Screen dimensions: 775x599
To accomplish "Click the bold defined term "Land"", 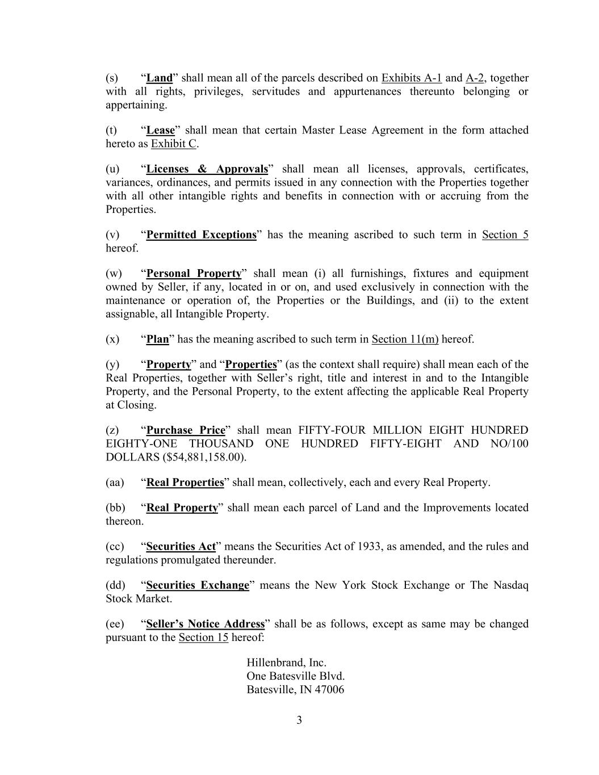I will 160,78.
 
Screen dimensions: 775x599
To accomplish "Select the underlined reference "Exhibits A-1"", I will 411,78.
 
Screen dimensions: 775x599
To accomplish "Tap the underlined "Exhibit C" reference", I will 174,144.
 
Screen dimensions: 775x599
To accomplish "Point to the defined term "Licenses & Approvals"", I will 207,169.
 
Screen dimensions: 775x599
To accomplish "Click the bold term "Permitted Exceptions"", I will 201,235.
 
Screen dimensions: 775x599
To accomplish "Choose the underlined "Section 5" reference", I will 505,235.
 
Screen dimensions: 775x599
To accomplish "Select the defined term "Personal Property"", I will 194,274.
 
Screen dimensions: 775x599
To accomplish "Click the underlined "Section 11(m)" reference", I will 405,340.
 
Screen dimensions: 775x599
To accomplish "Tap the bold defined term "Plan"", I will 158,340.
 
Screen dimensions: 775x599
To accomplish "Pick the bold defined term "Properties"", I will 250,365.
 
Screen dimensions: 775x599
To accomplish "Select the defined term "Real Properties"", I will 185,483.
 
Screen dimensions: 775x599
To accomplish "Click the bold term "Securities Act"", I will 181,547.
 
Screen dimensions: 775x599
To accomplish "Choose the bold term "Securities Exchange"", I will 198,585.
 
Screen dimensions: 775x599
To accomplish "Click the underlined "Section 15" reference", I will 203,638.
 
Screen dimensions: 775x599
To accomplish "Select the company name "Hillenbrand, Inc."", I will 286,663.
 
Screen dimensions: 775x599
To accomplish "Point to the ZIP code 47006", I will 329,690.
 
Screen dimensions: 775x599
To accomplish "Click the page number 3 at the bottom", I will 299,720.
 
